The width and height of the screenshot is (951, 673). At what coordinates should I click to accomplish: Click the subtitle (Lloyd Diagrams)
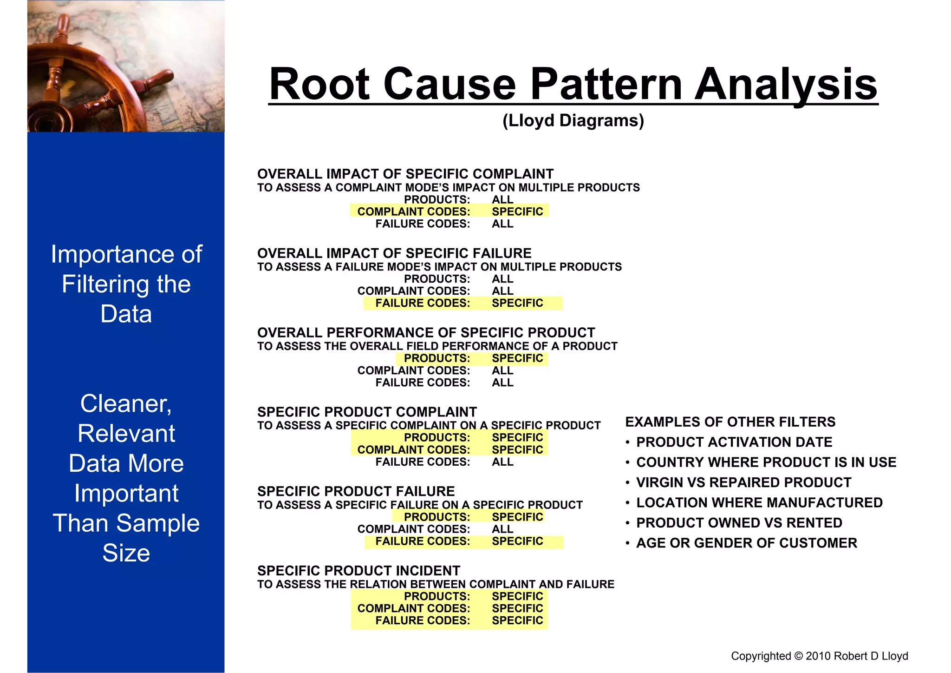[x=573, y=120]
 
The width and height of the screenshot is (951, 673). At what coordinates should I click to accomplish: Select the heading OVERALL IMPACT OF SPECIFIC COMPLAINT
[x=405, y=174]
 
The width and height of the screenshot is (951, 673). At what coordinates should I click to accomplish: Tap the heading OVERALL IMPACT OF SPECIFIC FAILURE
[x=394, y=253]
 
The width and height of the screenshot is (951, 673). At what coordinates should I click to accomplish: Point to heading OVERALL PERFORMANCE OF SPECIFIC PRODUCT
[x=426, y=333]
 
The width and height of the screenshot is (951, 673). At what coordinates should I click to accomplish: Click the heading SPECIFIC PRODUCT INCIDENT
[x=358, y=571]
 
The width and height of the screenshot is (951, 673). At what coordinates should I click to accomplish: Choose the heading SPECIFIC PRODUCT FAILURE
[x=356, y=491]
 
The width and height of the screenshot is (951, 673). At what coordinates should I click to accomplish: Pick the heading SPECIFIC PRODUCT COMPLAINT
[x=367, y=412]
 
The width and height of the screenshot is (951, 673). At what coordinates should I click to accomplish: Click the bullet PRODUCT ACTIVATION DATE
[x=734, y=442]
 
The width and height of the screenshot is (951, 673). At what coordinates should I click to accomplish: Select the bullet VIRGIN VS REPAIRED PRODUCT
[x=743, y=482]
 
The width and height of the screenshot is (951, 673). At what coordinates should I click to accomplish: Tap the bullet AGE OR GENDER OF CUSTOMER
[x=746, y=543]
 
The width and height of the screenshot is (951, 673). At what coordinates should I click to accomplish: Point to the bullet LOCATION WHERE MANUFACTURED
[x=759, y=502]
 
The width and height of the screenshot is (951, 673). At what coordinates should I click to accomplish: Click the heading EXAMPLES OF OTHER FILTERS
[x=730, y=422]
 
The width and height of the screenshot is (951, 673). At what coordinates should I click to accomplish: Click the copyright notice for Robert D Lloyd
[x=819, y=656]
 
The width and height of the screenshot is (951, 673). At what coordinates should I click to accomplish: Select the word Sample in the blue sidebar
[x=158, y=523]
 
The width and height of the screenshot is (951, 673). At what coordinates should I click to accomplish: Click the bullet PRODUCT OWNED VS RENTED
[x=739, y=523]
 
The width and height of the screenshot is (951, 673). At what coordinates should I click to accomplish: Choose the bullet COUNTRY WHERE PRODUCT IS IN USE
[x=766, y=462]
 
